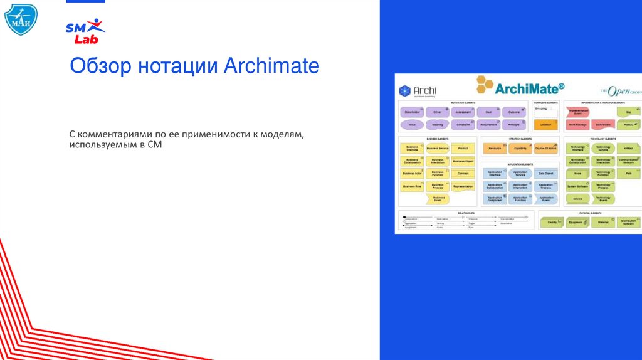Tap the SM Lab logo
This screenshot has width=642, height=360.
[85, 31]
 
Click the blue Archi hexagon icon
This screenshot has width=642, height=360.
[404, 91]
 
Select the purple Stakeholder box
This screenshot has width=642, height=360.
[411, 112]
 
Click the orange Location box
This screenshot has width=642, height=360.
[545, 125]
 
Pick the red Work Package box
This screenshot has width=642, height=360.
[577, 125]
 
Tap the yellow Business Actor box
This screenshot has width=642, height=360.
[411, 173]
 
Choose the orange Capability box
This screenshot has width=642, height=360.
[520, 149]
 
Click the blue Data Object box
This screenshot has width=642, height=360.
[545, 173]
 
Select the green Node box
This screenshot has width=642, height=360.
[577, 173]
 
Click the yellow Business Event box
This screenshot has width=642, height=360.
[438, 198]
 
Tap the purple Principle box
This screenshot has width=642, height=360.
[514, 125]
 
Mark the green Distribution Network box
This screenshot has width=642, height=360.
[628, 222]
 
